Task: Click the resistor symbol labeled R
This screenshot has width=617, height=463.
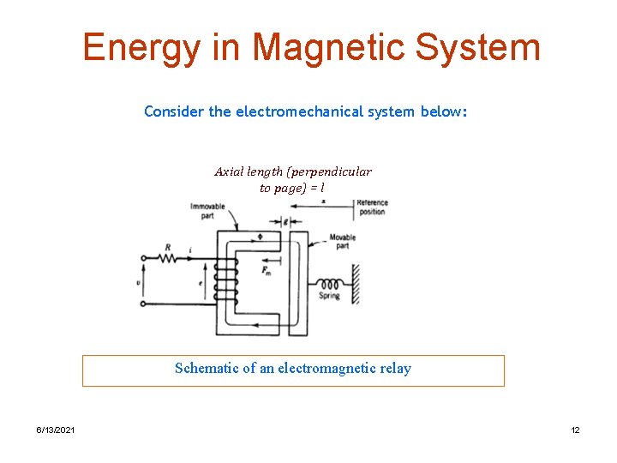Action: click(x=168, y=257)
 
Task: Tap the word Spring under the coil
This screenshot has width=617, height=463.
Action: click(x=329, y=296)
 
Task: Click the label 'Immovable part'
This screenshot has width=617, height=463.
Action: click(x=207, y=211)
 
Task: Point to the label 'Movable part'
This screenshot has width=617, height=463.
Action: click(x=342, y=241)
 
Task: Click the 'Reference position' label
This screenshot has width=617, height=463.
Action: click(x=372, y=207)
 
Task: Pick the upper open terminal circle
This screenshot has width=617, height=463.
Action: click(x=143, y=257)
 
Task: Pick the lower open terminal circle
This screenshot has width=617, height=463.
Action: click(x=143, y=302)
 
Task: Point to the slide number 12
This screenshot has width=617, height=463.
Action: click(x=575, y=430)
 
